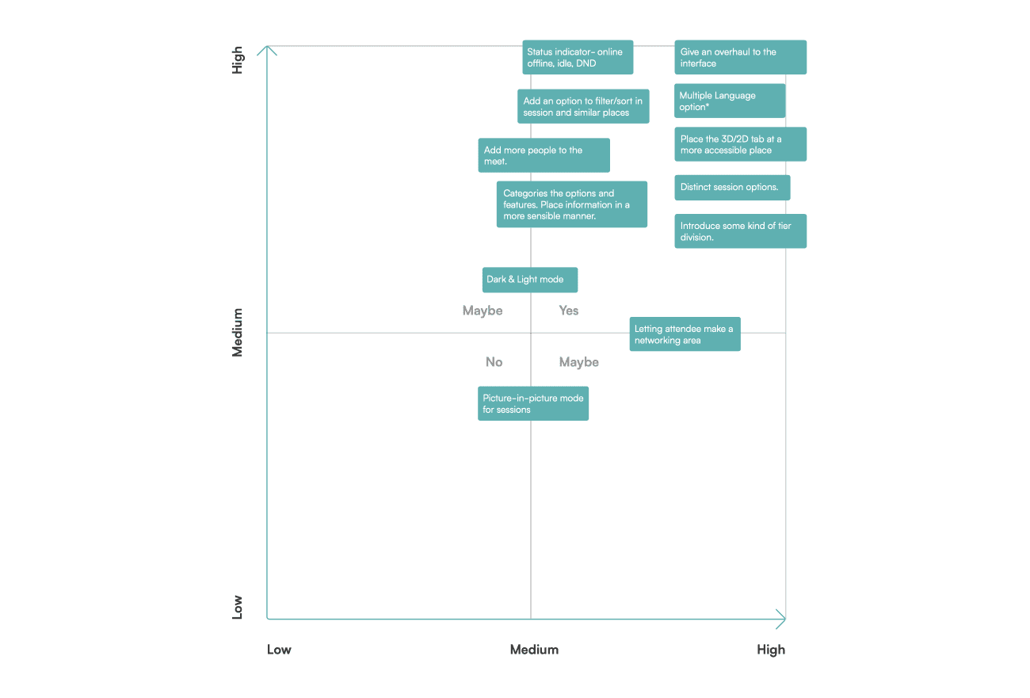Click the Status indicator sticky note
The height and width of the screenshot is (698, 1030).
coord(578,58)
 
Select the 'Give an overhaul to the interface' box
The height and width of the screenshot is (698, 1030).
coord(740,58)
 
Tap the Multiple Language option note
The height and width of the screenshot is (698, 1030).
coord(730,101)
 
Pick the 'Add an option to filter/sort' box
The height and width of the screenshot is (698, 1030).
coord(583,106)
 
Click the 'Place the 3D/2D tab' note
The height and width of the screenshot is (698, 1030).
coord(740,144)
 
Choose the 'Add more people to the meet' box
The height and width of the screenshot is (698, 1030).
coord(544,155)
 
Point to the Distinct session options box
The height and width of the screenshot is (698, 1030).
coord(733,188)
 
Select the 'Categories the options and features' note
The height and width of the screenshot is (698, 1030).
coord(572,204)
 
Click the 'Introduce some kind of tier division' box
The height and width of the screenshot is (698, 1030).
coord(740,231)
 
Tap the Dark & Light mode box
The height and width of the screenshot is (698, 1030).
coord(530,280)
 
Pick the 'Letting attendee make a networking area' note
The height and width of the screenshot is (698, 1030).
coord(685,334)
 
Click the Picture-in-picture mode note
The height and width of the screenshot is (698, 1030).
coord(533,404)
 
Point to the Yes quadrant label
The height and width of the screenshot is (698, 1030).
coord(569,311)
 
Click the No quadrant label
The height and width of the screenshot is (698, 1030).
coord(494,362)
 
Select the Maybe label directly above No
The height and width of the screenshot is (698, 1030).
coord(483,311)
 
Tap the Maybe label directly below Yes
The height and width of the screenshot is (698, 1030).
coord(579,362)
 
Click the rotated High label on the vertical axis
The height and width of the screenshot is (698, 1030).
coord(237,60)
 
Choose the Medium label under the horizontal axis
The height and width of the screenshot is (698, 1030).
coord(534,650)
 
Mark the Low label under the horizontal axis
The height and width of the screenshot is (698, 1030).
coord(279,650)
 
